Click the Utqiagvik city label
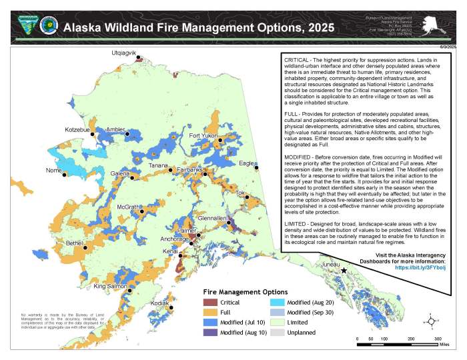pyautogui.click(x=123, y=52)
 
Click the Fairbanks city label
pyautogui.click(x=190, y=170)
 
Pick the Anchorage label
pyautogui.click(x=174, y=238)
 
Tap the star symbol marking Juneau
pyautogui.click(x=344, y=271)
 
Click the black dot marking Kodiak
pyautogui.click(x=171, y=308)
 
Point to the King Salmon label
pyautogui.click(x=109, y=287)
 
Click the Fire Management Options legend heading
pyautogui.click(x=246, y=291)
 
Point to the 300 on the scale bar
pyautogui.click(x=438, y=339)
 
